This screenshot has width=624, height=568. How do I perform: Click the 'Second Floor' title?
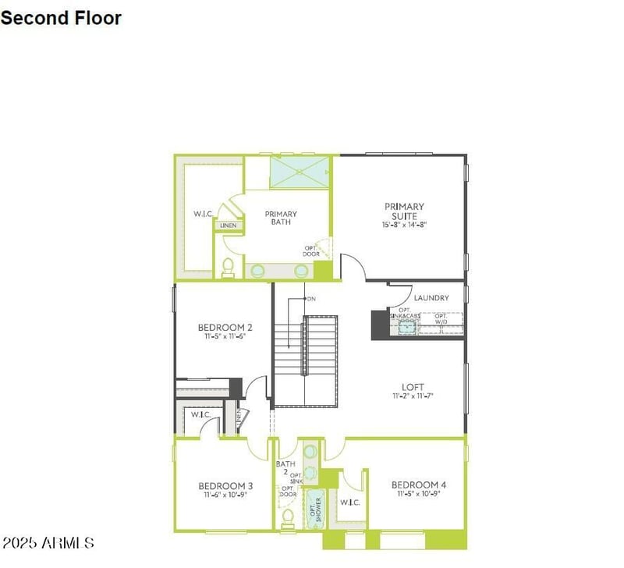61,17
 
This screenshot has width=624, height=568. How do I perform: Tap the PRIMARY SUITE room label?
404,211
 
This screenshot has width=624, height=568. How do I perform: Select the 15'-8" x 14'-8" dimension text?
404,224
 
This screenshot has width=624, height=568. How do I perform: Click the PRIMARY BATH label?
281,218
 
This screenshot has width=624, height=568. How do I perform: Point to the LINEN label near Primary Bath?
229,225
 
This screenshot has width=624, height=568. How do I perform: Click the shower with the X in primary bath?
299,172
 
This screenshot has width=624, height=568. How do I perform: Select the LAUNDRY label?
431,298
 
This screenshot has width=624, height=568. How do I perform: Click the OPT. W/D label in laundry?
441,320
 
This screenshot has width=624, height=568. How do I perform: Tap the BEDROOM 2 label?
225,328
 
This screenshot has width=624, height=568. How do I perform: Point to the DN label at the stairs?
310,299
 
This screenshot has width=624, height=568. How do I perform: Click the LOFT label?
413,386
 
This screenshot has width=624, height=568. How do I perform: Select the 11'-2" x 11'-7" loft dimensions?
413,396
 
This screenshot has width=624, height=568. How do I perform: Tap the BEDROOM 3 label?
225,485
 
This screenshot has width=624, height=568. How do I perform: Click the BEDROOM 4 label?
418,485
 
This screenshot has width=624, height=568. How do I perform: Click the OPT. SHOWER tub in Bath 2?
314,508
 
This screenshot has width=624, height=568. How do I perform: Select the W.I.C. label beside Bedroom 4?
349,502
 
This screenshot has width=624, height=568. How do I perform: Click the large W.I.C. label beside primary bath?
204,213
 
